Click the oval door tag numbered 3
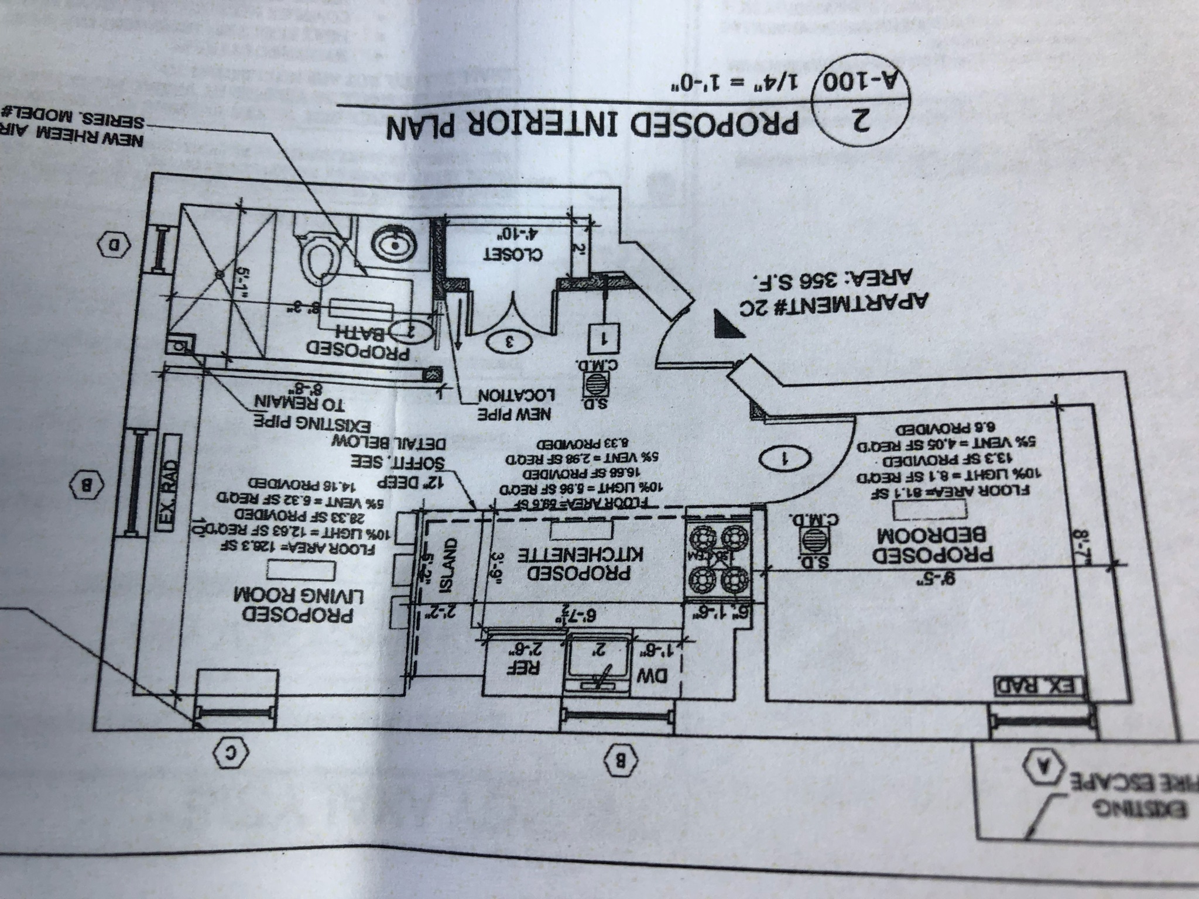point(508,342)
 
